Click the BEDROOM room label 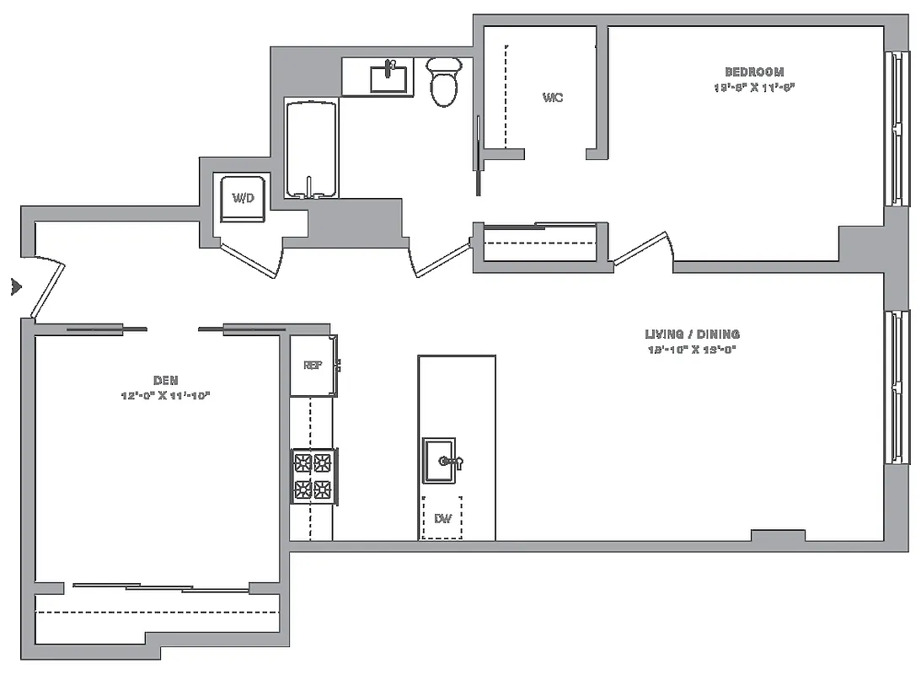click(754, 72)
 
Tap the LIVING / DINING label click(692, 334)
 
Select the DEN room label click(165, 381)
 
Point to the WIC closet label click(553, 98)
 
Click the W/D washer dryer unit click(244, 198)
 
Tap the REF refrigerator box click(313, 366)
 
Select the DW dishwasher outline click(442, 518)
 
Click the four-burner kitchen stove click(313, 476)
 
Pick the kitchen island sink click(440, 461)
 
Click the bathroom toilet click(443, 81)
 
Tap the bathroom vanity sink click(390, 78)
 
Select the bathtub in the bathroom click(312, 149)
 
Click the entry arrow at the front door click(14, 286)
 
